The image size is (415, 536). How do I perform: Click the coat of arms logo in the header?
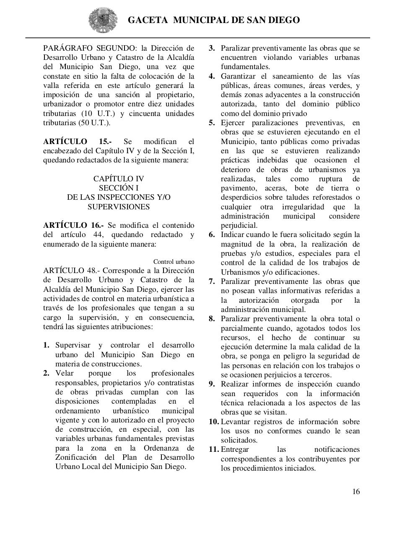(x=101, y=20)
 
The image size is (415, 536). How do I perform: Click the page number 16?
(x=356, y=492)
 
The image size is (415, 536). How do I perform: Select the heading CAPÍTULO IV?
(x=119, y=179)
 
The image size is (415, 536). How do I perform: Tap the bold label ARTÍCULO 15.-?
(x=78, y=142)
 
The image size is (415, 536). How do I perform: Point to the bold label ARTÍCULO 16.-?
(x=73, y=225)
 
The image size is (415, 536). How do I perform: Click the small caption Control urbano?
(x=174, y=262)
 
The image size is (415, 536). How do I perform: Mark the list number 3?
(x=212, y=48)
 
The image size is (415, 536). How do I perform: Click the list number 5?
(x=212, y=123)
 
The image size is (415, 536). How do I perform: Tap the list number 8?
(x=212, y=319)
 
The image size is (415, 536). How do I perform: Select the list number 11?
(x=214, y=449)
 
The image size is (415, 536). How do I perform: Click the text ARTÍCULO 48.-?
(x=71, y=271)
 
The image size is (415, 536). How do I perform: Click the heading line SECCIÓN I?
(x=119, y=188)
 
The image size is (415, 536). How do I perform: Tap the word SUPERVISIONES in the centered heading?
(x=119, y=207)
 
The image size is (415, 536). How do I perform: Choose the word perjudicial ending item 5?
(x=239, y=225)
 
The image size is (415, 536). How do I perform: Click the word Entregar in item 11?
(x=235, y=449)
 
